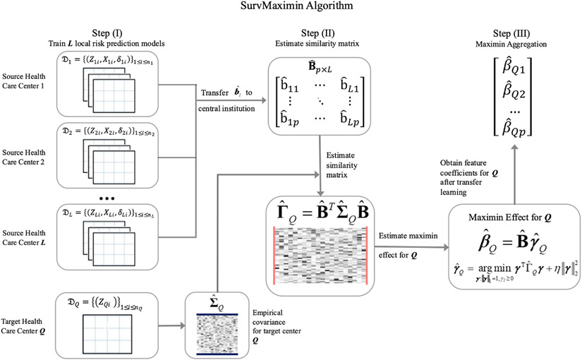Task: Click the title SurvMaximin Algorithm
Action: click(x=291, y=8)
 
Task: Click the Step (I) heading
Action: click(x=111, y=33)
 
